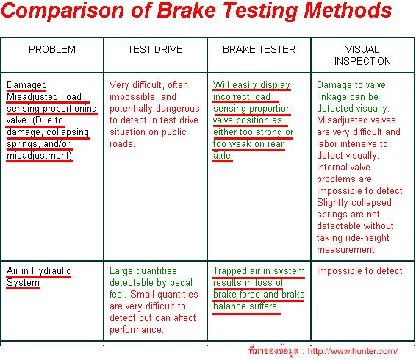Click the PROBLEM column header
pyautogui.click(x=52, y=49)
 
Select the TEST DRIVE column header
pyautogui.click(x=155, y=49)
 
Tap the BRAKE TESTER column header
pyautogui.click(x=259, y=49)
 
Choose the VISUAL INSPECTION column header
pyautogui.click(x=362, y=55)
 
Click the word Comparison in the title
pyautogui.click(x=62, y=10)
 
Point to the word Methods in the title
pyautogui.click(x=348, y=10)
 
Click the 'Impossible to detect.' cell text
pyautogui.click(x=361, y=271)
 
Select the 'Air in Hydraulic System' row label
pyautogui.click(x=39, y=277)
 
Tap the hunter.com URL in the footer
pyautogui.click(x=353, y=351)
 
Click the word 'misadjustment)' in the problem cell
pyautogui.click(x=39, y=156)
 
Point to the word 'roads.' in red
pyautogui.click(x=122, y=144)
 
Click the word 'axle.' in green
pyautogui.click(x=223, y=156)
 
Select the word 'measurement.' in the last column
pyautogui.click(x=347, y=249)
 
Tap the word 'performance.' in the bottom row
pyautogui.click(x=137, y=329)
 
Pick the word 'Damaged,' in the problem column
pyautogui.click(x=28, y=85)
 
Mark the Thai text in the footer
pyautogui.click(x=273, y=350)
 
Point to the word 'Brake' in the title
pyautogui.click(x=187, y=10)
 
